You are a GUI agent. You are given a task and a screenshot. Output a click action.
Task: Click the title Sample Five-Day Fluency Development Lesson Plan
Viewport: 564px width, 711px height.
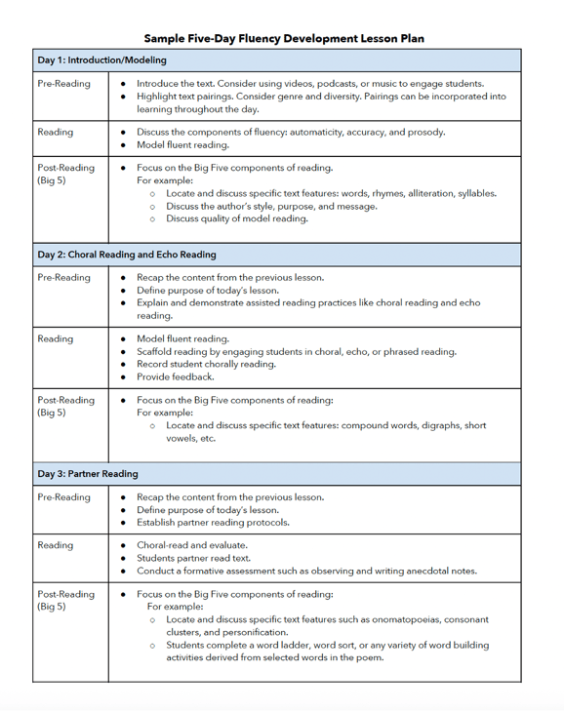(x=284, y=38)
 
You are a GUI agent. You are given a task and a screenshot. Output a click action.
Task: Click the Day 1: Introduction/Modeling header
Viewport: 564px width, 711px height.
(x=101, y=60)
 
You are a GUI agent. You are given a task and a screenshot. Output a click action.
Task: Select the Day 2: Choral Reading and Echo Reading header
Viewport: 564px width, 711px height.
(x=127, y=255)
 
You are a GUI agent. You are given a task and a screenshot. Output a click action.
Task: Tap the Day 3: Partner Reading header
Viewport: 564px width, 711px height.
(x=88, y=474)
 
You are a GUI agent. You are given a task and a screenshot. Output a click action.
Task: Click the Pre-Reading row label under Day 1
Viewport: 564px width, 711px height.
(x=63, y=84)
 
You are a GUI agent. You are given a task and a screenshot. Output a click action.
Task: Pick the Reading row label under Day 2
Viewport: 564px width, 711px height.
(x=55, y=339)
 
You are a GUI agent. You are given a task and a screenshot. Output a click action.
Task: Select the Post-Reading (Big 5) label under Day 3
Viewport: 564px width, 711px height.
(x=65, y=600)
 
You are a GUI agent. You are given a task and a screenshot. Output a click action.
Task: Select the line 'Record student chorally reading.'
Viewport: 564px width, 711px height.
(x=206, y=364)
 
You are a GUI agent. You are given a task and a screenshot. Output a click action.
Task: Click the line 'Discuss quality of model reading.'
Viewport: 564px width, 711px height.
(x=237, y=218)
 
